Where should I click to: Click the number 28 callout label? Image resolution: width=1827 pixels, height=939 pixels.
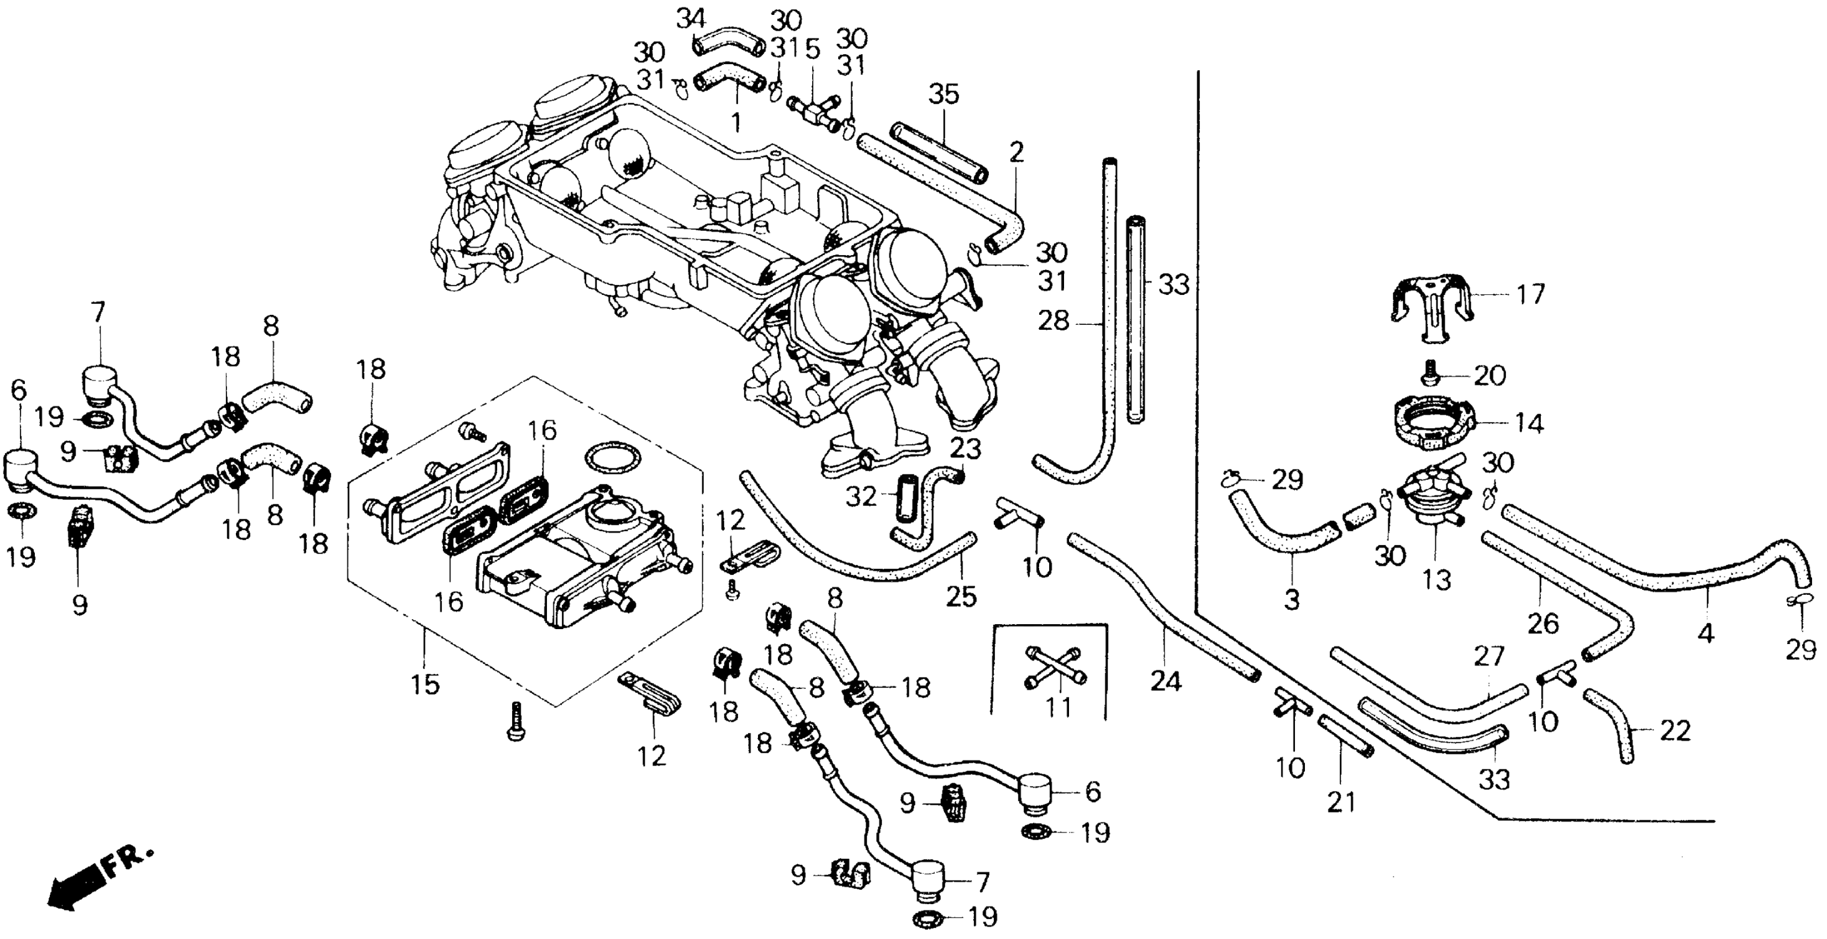click(1052, 320)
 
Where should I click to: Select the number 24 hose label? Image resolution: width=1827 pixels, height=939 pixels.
click(1166, 682)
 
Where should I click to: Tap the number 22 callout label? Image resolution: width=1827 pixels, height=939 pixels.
click(1675, 731)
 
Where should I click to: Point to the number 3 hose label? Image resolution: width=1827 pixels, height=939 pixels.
click(1292, 599)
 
